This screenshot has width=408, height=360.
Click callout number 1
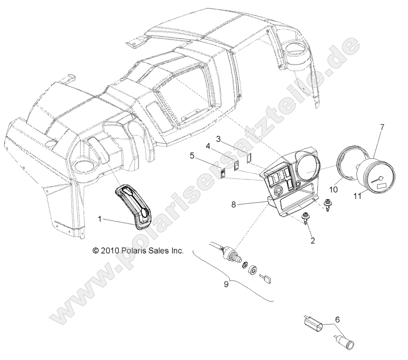pyautogui.click(x=100, y=219)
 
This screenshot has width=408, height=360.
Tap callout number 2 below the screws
pyautogui.click(x=313, y=241)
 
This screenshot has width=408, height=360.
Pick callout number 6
pyautogui.click(x=337, y=320)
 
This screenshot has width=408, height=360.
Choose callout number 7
pyautogui.click(x=382, y=127)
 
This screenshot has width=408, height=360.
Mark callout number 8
pyautogui.click(x=234, y=204)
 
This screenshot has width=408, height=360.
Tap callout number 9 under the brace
pyautogui.click(x=226, y=284)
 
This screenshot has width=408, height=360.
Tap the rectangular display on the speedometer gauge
pyautogui.click(x=381, y=186)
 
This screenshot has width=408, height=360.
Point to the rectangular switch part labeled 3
pyautogui.click(x=249, y=158)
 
